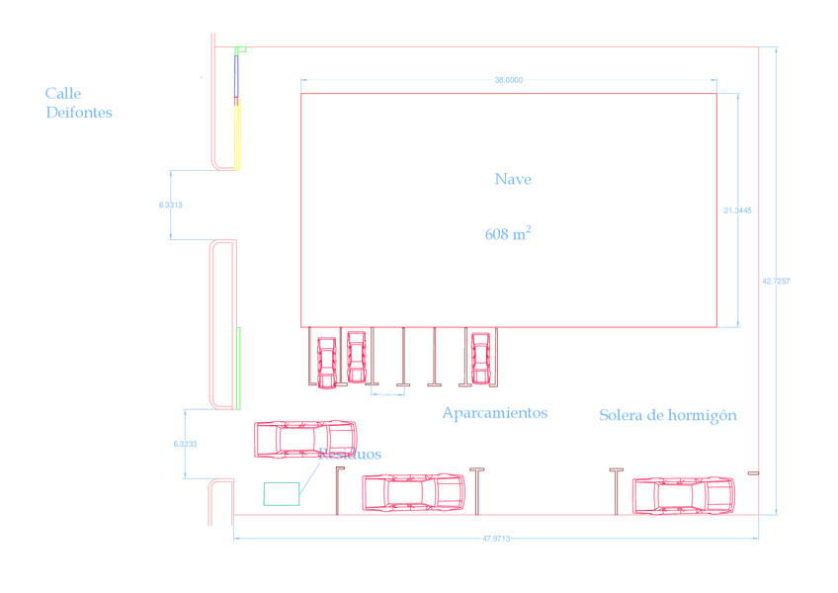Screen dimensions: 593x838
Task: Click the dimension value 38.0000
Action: coord(508,80)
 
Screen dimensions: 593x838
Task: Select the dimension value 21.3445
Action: coord(737,211)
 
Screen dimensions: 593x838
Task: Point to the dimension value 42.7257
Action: coord(776,282)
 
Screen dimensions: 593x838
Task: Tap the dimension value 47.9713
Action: coord(496,539)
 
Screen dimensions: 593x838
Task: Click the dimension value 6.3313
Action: coord(171,205)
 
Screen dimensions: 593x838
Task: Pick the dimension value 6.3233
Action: coord(185,445)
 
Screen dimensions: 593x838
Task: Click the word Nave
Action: coord(513,180)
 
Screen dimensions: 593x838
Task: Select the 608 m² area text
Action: coord(508,234)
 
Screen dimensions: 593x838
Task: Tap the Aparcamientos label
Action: coord(494,413)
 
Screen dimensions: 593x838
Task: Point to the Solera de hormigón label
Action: coord(667,415)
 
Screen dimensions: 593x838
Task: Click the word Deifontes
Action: coord(79,113)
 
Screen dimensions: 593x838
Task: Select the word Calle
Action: coord(63,94)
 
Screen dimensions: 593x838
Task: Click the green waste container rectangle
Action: coord(281,493)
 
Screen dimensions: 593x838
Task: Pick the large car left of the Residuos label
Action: coord(304,438)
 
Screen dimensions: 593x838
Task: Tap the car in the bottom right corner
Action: coord(684,494)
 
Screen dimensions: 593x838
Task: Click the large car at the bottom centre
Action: coord(412,491)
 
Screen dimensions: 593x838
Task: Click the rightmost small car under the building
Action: coord(480,357)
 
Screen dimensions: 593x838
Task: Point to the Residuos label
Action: coord(350,455)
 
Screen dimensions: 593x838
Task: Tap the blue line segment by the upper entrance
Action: coord(236,77)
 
